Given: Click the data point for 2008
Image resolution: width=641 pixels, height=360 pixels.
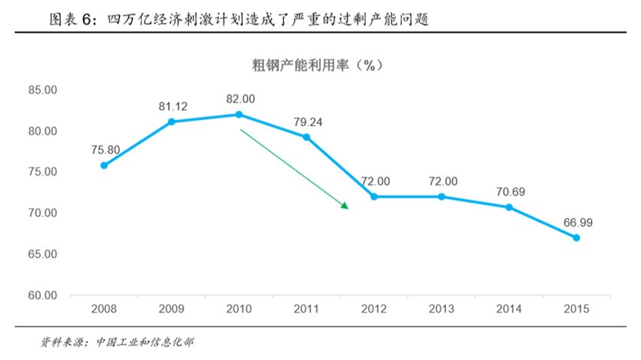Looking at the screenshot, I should [104, 165].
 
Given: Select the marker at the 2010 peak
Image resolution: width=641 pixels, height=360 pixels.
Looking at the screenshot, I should [239, 114].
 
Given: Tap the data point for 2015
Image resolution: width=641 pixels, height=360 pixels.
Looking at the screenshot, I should [577, 238].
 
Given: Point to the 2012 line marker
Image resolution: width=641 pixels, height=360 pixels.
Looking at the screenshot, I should [374, 196].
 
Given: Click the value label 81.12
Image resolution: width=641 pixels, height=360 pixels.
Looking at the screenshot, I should [172, 106].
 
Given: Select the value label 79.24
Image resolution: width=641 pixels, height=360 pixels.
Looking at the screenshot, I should [307, 121].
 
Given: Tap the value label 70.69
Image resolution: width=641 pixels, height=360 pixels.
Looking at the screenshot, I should [510, 192].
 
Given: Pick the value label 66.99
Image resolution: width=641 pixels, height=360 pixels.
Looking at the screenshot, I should [577, 223].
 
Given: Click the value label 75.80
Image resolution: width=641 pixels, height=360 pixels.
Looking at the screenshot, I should [104, 149].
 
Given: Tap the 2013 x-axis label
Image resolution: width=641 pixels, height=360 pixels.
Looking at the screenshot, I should [442, 309].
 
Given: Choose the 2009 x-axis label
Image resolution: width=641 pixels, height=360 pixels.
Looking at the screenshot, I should [172, 309].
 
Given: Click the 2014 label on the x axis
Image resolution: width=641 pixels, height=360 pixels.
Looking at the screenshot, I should [509, 309].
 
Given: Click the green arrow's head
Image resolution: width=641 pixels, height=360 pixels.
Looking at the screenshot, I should [346, 205].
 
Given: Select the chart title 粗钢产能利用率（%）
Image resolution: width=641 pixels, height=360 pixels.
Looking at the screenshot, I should [318, 65].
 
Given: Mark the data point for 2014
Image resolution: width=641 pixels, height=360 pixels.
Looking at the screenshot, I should [509, 207].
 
